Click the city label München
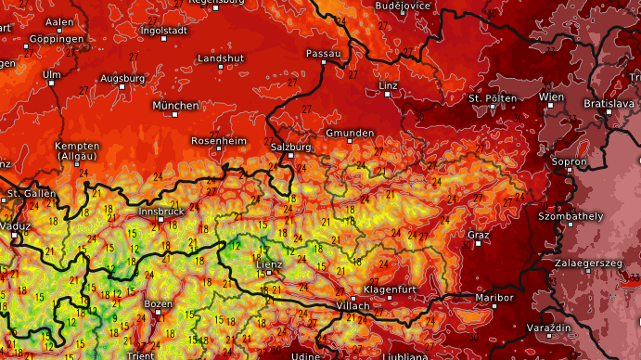coord(175,106)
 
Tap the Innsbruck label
coord(160,212)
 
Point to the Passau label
coord(324,54)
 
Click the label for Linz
coord(388,85)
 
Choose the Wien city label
coord(551,96)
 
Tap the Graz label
coord(478,235)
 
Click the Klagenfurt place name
coord(389,289)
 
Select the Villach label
coord(353,305)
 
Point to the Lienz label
coord(269,264)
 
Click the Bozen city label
coord(159,303)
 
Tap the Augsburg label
coord(122,78)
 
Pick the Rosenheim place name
coord(218,140)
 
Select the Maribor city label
coord(494,298)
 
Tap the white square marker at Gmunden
coord(350,142)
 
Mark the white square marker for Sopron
coord(568,171)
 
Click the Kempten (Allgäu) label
coord(77,151)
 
